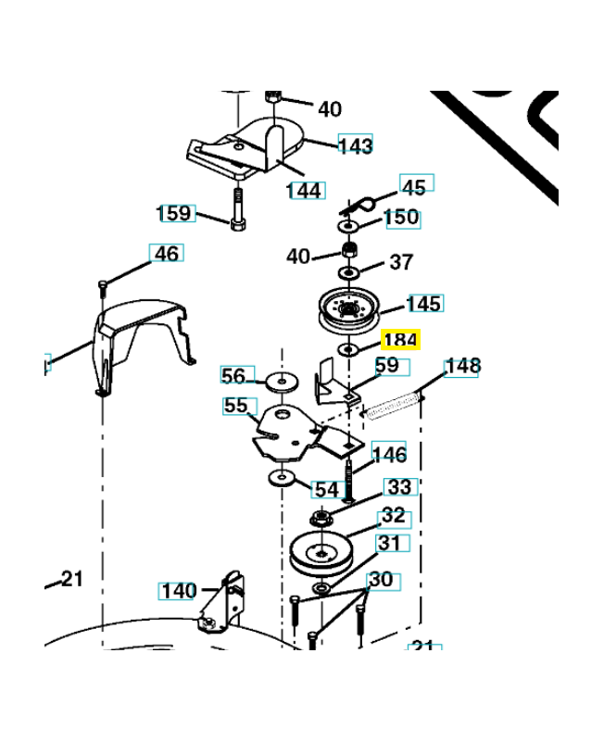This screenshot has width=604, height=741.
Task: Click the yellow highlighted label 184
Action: (x=400, y=341)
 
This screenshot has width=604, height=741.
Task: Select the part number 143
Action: (x=355, y=145)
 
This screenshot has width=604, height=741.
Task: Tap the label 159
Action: (x=175, y=213)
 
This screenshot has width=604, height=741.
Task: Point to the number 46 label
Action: (x=167, y=253)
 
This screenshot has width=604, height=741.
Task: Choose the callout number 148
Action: (x=462, y=366)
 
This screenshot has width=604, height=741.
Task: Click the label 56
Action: (x=234, y=375)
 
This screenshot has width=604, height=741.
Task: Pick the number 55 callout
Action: (x=236, y=406)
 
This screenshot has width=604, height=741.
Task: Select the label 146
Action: (x=389, y=454)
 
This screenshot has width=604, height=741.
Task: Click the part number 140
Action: (x=179, y=590)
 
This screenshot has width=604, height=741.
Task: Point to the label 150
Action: (x=401, y=218)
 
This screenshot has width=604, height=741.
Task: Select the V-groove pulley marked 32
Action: (x=321, y=554)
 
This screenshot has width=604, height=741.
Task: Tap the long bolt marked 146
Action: (x=351, y=477)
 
